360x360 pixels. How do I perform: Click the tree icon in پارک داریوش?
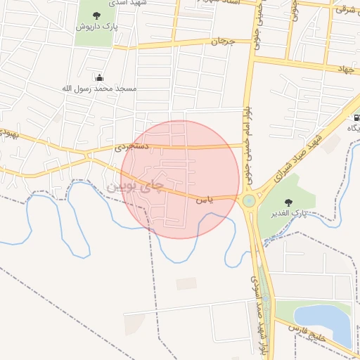point(96,15)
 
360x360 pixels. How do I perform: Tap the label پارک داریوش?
point(95,26)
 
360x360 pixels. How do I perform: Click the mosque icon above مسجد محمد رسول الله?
point(99,78)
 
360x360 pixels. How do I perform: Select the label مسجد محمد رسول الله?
point(99,89)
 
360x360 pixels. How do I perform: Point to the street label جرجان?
point(221,41)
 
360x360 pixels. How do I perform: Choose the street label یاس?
point(203,200)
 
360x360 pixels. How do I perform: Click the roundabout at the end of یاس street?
point(249,201)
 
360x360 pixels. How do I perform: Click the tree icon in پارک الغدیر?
point(290,200)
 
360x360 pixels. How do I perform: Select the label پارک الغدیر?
point(290,212)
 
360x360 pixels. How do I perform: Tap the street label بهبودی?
point(8,131)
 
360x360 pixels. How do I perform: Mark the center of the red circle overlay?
point(181,179)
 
